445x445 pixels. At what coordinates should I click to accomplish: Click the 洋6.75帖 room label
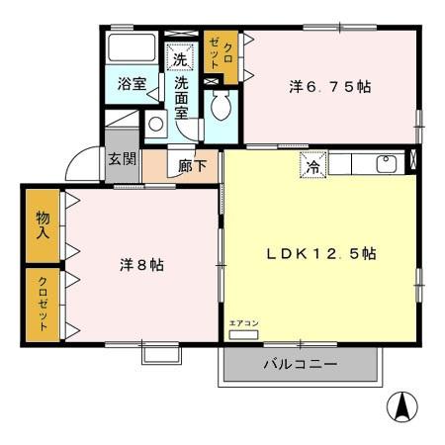pos(329,87)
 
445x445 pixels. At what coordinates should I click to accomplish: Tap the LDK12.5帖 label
pos(319,253)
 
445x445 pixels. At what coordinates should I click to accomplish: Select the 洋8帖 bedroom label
pos(142,265)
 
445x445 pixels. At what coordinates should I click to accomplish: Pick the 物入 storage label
pos(43,226)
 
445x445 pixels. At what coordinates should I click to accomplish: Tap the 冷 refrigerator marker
pos(311,165)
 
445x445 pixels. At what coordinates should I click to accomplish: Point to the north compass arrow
pos(404,405)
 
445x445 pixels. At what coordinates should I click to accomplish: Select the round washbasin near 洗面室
pos(156,125)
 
